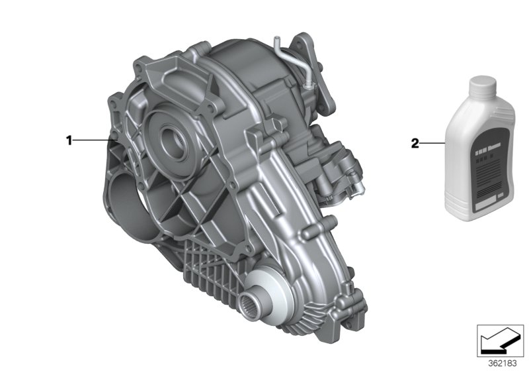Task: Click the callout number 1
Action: tap(67, 140)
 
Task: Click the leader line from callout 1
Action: tap(93, 140)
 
